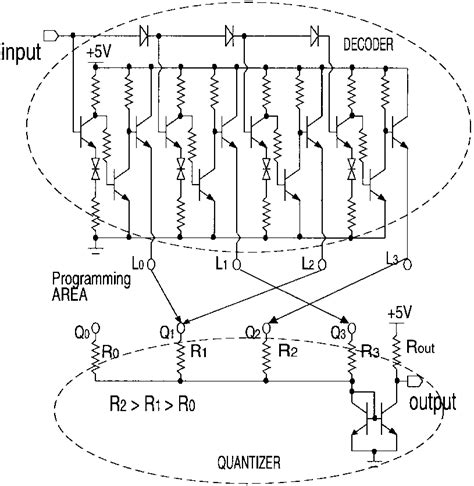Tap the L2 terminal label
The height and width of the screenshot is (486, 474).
pyautogui.click(x=308, y=262)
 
